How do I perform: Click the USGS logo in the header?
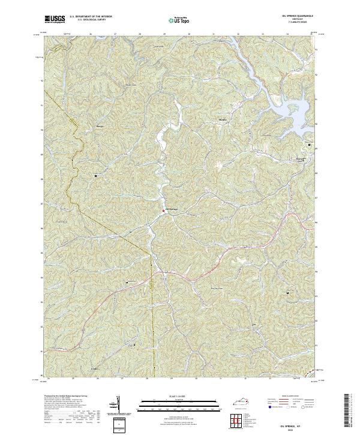55,19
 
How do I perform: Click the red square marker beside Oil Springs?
164,210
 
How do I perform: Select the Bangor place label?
101,128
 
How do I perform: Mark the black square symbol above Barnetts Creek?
310,145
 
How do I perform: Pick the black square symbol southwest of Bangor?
95,176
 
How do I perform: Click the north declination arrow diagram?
118,405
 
